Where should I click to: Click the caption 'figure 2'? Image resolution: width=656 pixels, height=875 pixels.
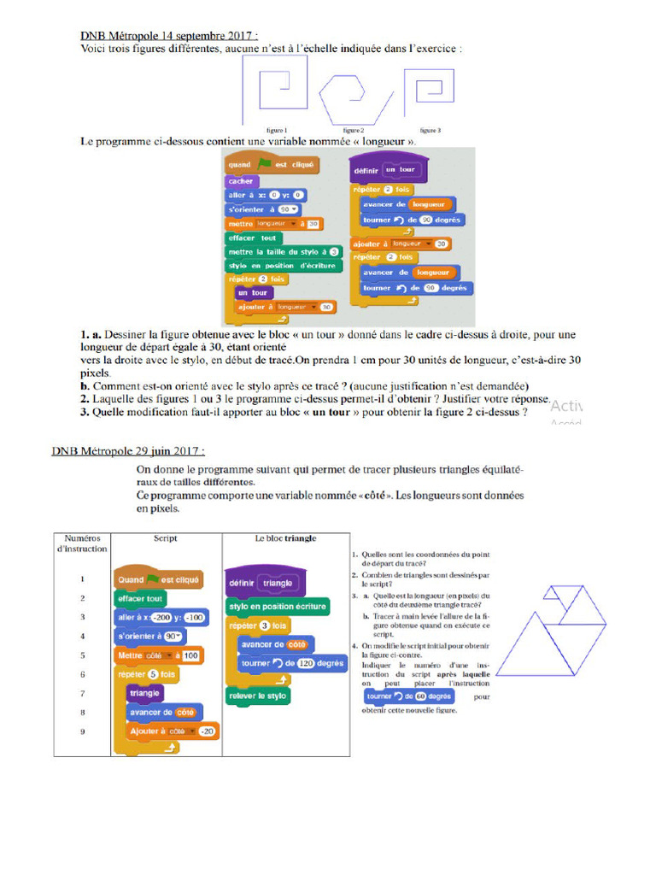pyautogui.click(x=354, y=130)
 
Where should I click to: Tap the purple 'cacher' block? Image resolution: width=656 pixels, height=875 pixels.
pyautogui.click(x=242, y=181)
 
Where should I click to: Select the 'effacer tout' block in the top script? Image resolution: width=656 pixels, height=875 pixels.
pyautogui.click(x=253, y=238)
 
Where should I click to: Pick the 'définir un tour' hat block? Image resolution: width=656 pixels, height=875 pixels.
pyautogui.click(x=389, y=170)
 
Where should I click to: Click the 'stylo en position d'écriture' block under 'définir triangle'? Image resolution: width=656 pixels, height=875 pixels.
pyautogui.click(x=278, y=606)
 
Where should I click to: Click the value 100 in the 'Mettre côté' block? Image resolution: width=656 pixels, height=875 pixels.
pyautogui.click(x=190, y=655)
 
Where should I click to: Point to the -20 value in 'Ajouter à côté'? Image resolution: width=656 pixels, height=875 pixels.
pyautogui.click(x=206, y=731)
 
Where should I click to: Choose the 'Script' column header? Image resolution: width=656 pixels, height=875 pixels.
pyautogui.click(x=165, y=539)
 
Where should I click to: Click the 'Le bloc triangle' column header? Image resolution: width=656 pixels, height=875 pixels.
pyautogui.click(x=285, y=539)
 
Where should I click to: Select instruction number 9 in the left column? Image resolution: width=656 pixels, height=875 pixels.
pyautogui.click(x=82, y=731)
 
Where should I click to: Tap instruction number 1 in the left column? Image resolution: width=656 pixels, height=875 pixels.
pyautogui.click(x=82, y=579)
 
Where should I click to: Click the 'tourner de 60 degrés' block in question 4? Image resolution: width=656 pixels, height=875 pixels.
pyautogui.click(x=397, y=696)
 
